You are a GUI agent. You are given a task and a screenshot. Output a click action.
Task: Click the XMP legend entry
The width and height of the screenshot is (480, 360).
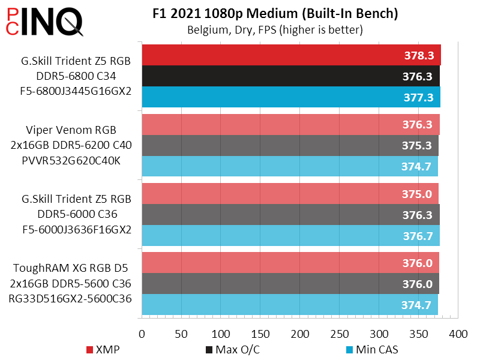tap(103, 349)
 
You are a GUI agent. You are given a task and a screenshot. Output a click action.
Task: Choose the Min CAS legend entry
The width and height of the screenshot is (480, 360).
tap(371, 349)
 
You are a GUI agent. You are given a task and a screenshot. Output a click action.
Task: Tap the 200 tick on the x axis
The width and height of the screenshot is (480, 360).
tap(301, 333)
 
